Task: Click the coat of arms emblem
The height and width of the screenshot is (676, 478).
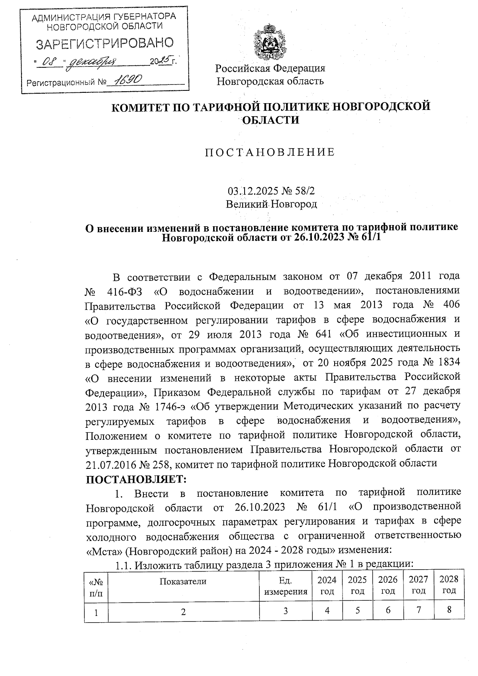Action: pyautogui.click(x=270, y=42)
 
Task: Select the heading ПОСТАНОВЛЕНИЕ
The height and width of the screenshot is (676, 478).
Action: pyautogui.click(x=270, y=153)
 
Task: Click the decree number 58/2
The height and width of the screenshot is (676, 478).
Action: pyautogui.click(x=305, y=191)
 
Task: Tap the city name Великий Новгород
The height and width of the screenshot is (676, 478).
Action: pyautogui.click(x=271, y=204)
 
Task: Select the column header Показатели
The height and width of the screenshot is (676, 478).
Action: pyautogui.click(x=183, y=581)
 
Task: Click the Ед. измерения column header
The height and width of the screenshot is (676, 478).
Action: pyautogui.click(x=286, y=586)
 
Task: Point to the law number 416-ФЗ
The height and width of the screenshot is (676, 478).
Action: pyautogui.click(x=125, y=291)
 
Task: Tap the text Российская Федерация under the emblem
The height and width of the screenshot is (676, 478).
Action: pyautogui.click(x=270, y=68)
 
